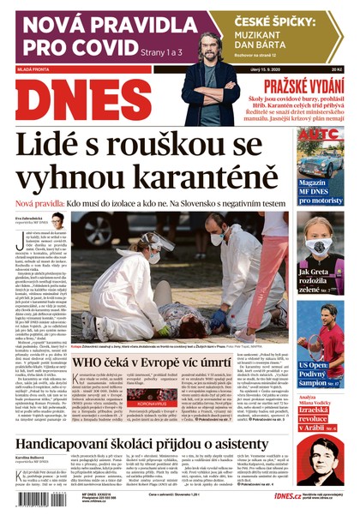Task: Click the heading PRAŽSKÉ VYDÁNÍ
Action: (x=304, y=85)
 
